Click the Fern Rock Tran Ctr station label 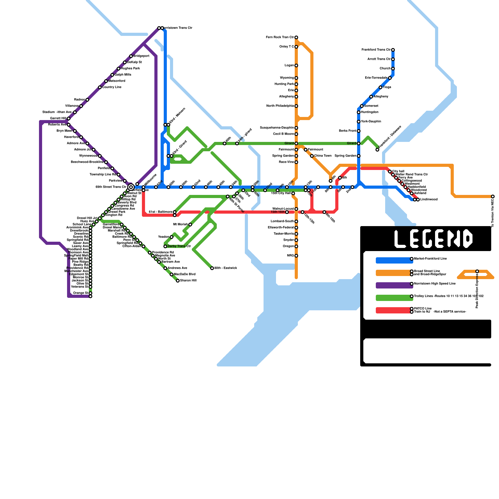pyautogui.click(x=280, y=37)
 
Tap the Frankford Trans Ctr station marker pyautogui.click(x=393, y=50)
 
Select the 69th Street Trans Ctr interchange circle pyautogui.click(x=131, y=187)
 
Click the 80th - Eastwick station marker pyautogui.click(x=212, y=268)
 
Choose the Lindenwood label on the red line pyautogui.click(x=429, y=200)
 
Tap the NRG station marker pyautogui.click(x=296, y=256)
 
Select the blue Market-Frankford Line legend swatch pyautogui.click(x=394, y=260)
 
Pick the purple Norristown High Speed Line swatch pyautogui.click(x=394, y=285)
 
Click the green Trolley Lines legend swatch pyautogui.click(x=394, y=298)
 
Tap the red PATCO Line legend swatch pyautogui.click(x=394, y=310)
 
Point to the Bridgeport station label pyautogui.click(x=141, y=56)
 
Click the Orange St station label pyautogui.click(x=80, y=293)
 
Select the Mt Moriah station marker pyautogui.click(x=190, y=225)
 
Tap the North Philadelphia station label pyautogui.click(x=280, y=106)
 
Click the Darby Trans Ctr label pyautogui.click(x=179, y=246)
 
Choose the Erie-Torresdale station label pyautogui.click(x=376, y=78)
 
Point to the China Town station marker pyautogui.click(x=312, y=156)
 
